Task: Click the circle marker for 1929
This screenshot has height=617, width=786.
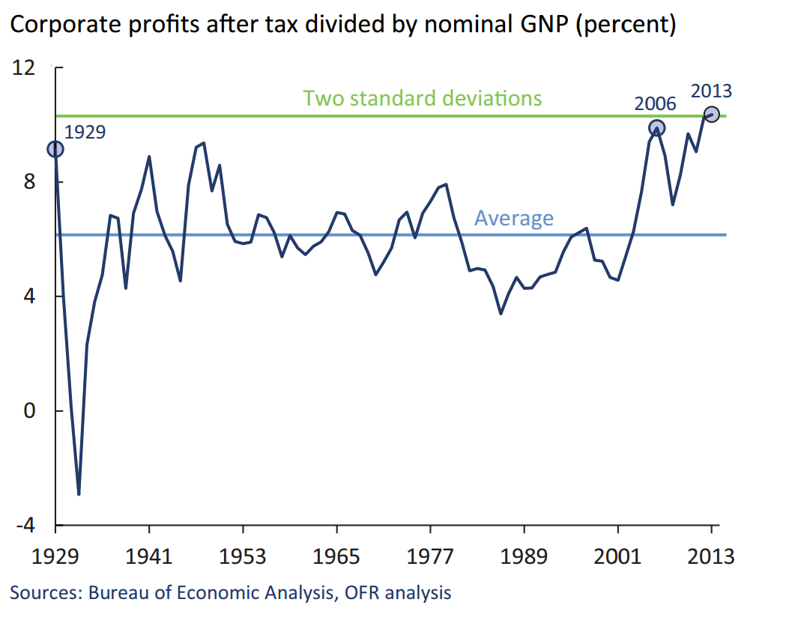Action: click(55, 150)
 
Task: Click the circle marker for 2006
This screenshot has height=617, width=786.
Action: click(656, 128)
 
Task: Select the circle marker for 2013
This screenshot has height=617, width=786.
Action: click(711, 115)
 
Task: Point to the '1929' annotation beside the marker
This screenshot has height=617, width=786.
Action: click(85, 133)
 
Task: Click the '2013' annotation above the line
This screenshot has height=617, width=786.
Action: click(711, 91)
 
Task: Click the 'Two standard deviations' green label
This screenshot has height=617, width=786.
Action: click(422, 98)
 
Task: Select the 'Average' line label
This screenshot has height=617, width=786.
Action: click(514, 218)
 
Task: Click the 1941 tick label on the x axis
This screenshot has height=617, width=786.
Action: click(149, 558)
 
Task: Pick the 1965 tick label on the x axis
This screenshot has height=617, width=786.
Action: click(336, 558)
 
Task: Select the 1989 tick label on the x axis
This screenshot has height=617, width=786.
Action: click(524, 558)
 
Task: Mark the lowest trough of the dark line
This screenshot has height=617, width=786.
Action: click(79, 494)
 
